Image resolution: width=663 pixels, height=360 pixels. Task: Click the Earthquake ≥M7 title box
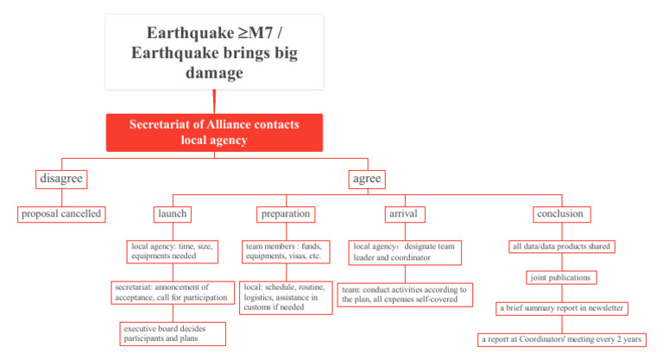click(x=214, y=54)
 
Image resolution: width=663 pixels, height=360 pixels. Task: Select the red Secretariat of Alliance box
click(x=214, y=132)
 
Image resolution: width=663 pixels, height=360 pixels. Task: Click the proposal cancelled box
click(x=61, y=213)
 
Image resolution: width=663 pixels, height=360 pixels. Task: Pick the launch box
click(x=172, y=213)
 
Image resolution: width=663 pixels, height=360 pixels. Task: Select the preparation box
click(x=285, y=213)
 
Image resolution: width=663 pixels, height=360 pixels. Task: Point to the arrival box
click(x=404, y=213)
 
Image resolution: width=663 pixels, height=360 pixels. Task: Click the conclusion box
click(x=562, y=213)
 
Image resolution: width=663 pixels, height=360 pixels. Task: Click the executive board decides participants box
click(x=174, y=333)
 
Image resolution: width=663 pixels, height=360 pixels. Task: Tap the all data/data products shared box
click(x=561, y=246)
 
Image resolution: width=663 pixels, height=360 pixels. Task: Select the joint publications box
click(x=562, y=277)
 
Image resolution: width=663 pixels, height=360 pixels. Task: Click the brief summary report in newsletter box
click(x=562, y=308)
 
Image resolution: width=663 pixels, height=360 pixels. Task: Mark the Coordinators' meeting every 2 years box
click(x=562, y=339)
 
